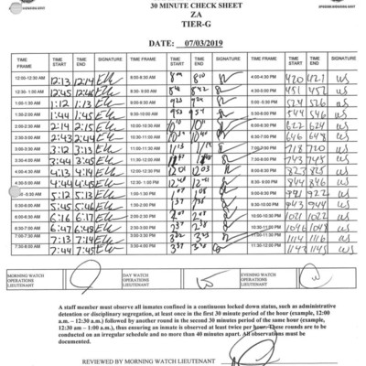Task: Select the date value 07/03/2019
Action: [210, 42]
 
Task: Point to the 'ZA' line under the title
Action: [183, 16]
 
